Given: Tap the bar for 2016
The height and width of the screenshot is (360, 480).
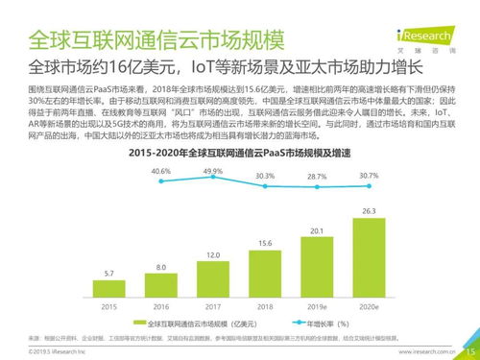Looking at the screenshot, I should tap(160, 286).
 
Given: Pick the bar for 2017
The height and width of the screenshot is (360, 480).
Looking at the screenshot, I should tap(214, 278).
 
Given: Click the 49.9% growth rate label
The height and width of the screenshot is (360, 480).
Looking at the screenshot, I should tap(213, 170).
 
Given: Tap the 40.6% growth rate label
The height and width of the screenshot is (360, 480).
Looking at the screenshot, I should tap(160, 171).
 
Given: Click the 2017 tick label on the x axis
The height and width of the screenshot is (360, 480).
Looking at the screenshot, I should tap(214, 308).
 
